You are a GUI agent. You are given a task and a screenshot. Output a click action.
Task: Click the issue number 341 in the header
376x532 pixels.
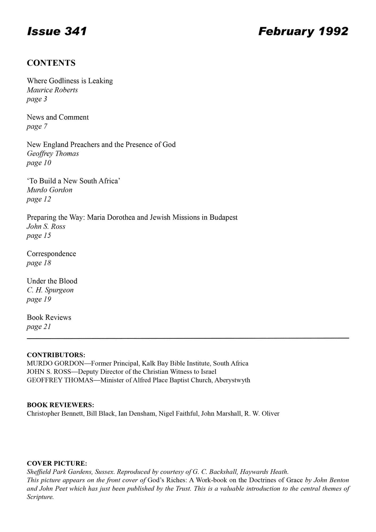(x=76, y=31)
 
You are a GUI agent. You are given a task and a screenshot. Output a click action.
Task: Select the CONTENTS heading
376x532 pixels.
(x=51, y=63)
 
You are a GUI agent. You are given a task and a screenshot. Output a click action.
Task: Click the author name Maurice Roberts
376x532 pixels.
(x=52, y=90)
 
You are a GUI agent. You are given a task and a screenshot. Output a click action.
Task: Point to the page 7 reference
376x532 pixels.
(x=37, y=126)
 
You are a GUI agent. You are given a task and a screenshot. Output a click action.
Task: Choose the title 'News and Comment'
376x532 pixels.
(x=58, y=117)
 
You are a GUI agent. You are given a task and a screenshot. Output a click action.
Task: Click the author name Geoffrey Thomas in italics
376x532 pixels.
(x=53, y=154)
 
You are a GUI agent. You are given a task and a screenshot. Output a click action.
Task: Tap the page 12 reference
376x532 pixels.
(x=39, y=199)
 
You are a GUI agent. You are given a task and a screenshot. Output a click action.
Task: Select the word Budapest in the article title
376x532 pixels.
(x=223, y=217)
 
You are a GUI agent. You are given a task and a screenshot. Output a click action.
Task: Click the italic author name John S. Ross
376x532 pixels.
(x=46, y=226)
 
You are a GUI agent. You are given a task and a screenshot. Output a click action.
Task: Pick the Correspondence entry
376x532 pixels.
(x=51, y=254)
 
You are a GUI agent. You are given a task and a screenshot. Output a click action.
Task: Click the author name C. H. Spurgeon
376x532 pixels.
(x=50, y=290)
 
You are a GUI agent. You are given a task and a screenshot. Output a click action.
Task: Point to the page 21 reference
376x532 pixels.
(x=39, y=327)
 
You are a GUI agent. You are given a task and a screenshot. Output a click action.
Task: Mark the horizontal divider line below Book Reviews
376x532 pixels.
(x=188, y=338)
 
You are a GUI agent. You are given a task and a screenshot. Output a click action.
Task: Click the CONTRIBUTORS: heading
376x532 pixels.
(x=56, y=355)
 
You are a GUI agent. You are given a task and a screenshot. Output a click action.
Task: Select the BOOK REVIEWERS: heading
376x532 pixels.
(x=60, y=405)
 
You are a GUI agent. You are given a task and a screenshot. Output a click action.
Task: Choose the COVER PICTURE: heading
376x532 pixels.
(x=57, y=463)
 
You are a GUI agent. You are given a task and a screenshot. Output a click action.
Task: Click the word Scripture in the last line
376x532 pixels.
(x=40, y=497)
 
